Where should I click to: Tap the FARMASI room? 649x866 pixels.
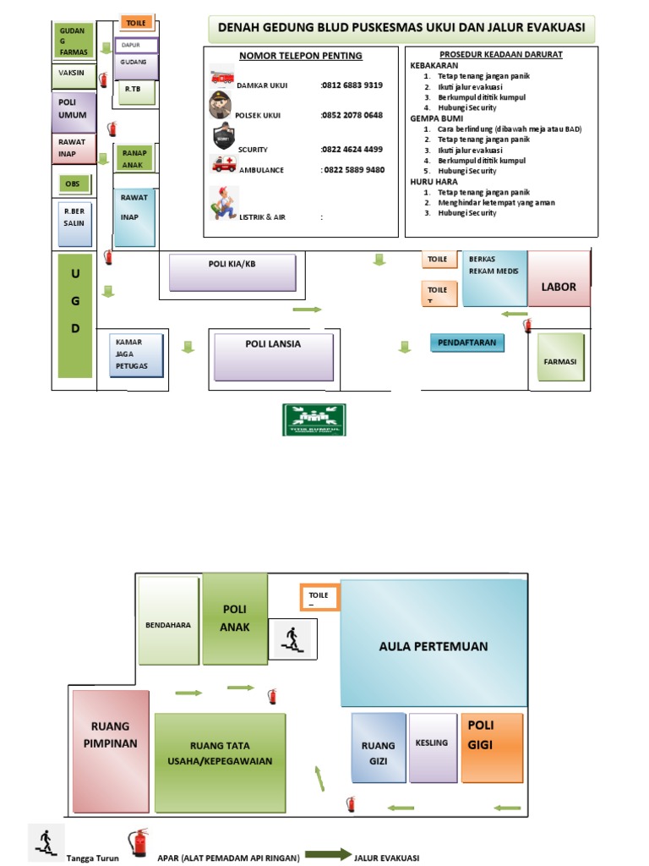[x=559, y=361]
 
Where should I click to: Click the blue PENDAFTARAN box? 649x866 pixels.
[x=467, y=343]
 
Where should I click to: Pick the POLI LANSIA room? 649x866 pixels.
[x=273, y=356]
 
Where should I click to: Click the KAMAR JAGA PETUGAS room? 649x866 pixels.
[x=135, y=354]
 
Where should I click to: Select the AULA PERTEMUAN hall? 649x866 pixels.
[x=433, y=647]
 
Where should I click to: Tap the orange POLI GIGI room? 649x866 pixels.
[x=492, y=747]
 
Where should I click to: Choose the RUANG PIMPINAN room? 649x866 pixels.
[x=112, y=751]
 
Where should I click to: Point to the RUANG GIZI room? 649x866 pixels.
[x=377, y=748]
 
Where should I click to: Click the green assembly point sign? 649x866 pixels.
[x=314, y=419]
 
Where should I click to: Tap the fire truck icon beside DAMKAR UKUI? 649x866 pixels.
[x=223, y=76]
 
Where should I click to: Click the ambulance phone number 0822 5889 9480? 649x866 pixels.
[x=352, y=170]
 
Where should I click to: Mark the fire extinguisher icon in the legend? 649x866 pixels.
[x=138, y=843]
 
